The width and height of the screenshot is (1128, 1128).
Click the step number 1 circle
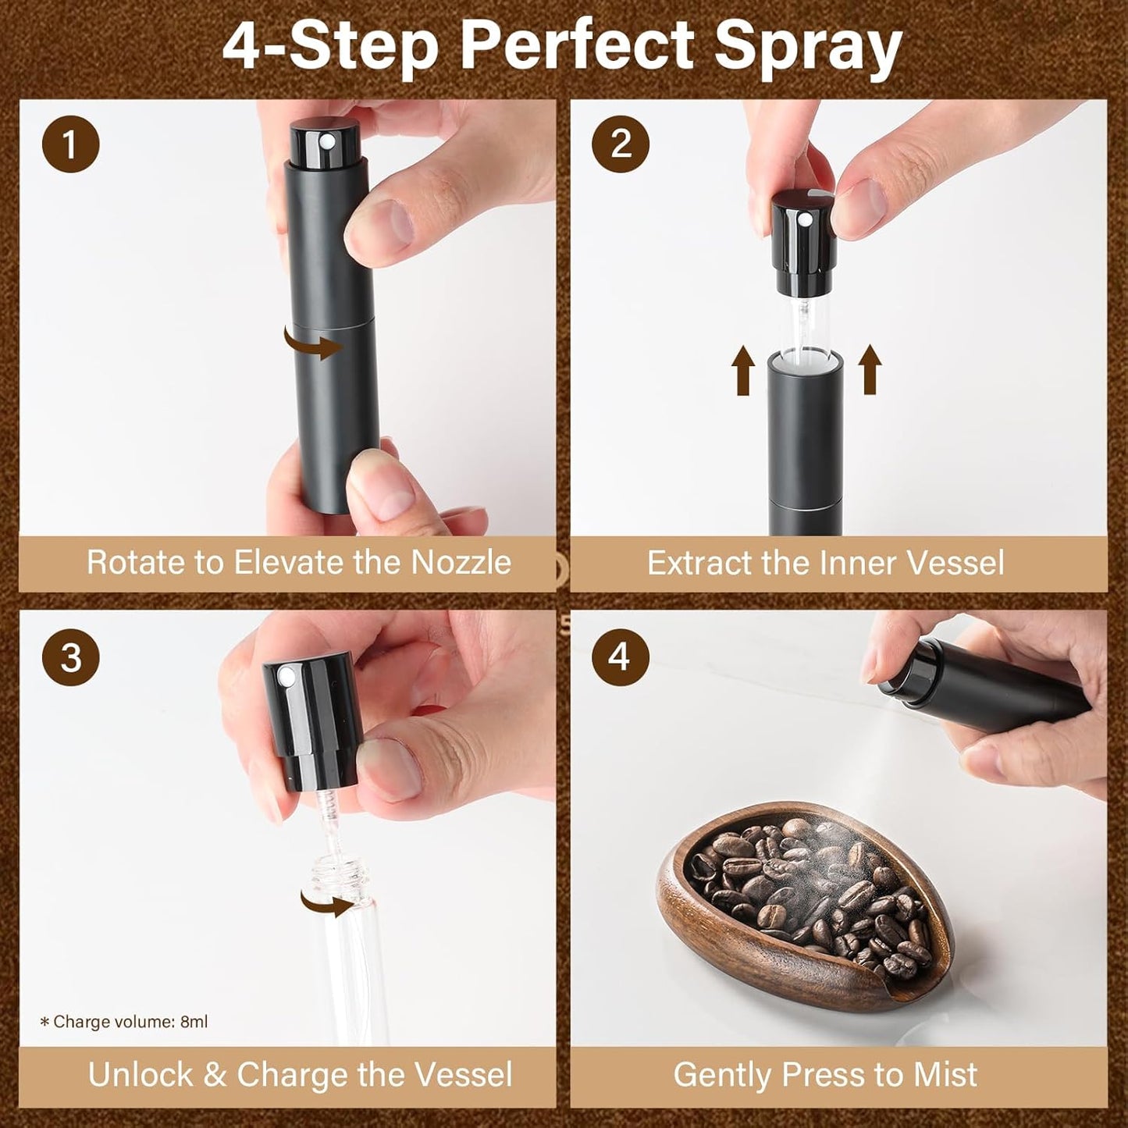(70, 144)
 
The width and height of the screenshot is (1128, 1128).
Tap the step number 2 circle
(621, 144)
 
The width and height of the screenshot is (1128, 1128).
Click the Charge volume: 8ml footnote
(125, 1022)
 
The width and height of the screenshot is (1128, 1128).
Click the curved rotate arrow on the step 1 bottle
(312, 344)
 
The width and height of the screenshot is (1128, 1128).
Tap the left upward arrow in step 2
(743, 371)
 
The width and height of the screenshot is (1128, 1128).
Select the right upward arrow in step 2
(870, 371)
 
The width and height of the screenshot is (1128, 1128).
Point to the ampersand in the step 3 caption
(215, 1075)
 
